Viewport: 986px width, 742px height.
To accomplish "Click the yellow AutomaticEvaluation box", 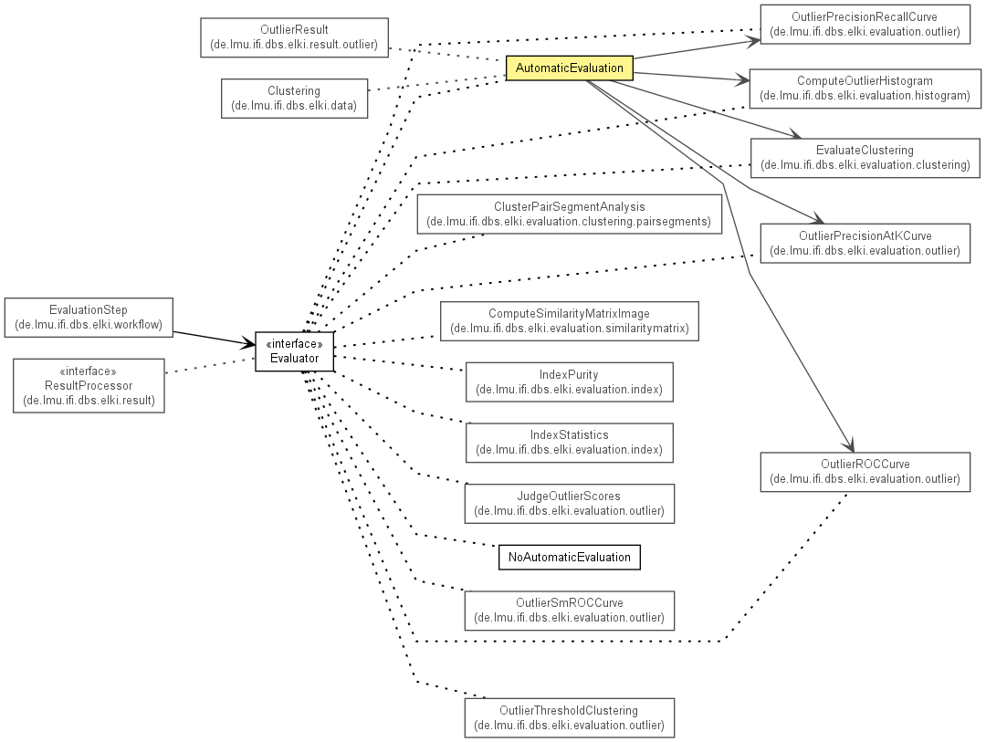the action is click(x=569, y=68).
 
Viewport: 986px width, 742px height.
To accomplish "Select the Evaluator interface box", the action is click(x=294, y=350).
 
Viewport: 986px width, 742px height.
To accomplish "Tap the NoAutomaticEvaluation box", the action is click(x=569, y=557).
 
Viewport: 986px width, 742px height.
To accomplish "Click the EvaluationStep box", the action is click(x=89, y=318).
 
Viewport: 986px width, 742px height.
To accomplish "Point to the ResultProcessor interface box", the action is click(x=89, y=385).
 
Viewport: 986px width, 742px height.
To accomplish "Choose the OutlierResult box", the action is click(x=294, y=37).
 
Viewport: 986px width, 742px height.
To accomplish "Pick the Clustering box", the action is click(x=294, y=98).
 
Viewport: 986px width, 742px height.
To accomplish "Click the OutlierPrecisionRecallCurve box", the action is click(x=865, y=25).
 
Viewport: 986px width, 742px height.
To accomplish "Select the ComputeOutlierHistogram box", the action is click(x=865, y=89).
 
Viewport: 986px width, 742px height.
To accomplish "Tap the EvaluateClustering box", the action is click(x=865, y=158).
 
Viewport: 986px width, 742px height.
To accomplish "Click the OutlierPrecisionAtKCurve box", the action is click(x=865, y=244).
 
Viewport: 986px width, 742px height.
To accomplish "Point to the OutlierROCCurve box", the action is click(x=865, y=472).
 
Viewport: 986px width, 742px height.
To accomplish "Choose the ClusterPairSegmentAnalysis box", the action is click(x=569, y=214).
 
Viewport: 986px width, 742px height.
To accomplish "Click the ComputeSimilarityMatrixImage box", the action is click(x=569, y=321).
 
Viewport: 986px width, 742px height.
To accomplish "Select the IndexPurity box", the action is click(x=569, y=381).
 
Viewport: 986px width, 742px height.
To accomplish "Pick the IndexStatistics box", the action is click(x=569, y=443).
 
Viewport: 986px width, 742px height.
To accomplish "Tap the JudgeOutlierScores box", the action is click(x=569, y=504).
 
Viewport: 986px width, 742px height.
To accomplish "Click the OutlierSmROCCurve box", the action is click(x=569, y=611).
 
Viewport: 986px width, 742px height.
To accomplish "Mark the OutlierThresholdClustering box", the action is click(x=569, y=717).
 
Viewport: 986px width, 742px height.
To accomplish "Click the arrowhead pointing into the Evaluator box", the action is click(x=249, y=343).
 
